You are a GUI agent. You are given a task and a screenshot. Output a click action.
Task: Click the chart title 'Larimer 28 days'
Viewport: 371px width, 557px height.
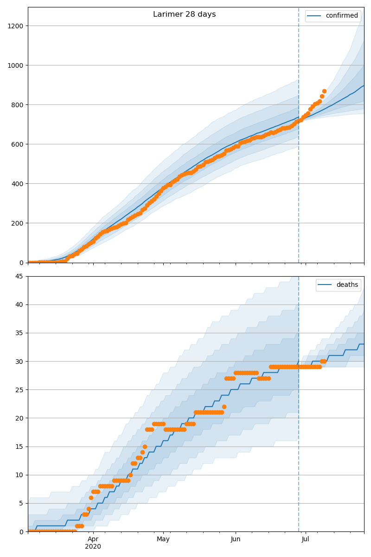184,14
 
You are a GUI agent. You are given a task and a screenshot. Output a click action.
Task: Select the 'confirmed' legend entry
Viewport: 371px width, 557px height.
341,16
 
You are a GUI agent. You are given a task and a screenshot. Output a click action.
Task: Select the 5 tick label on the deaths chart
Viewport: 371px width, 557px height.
21,503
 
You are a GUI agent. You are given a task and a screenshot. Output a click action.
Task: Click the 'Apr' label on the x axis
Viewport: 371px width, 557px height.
93,539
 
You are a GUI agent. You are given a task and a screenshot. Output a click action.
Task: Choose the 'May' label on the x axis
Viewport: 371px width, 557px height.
163,539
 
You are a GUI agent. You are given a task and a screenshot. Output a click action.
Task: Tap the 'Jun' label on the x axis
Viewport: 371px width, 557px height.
236,539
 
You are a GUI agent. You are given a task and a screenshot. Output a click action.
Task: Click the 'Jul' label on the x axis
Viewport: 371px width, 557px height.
306,539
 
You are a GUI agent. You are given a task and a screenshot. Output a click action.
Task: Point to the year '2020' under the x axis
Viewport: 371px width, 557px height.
93,546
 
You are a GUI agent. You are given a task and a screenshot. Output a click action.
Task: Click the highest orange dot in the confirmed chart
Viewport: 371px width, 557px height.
324,91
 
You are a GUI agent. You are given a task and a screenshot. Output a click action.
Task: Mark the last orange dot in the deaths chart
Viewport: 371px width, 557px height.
324,361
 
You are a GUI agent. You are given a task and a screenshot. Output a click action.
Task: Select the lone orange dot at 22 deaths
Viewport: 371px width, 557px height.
224,407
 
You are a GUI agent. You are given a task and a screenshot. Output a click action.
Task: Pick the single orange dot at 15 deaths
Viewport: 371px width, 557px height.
145,447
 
